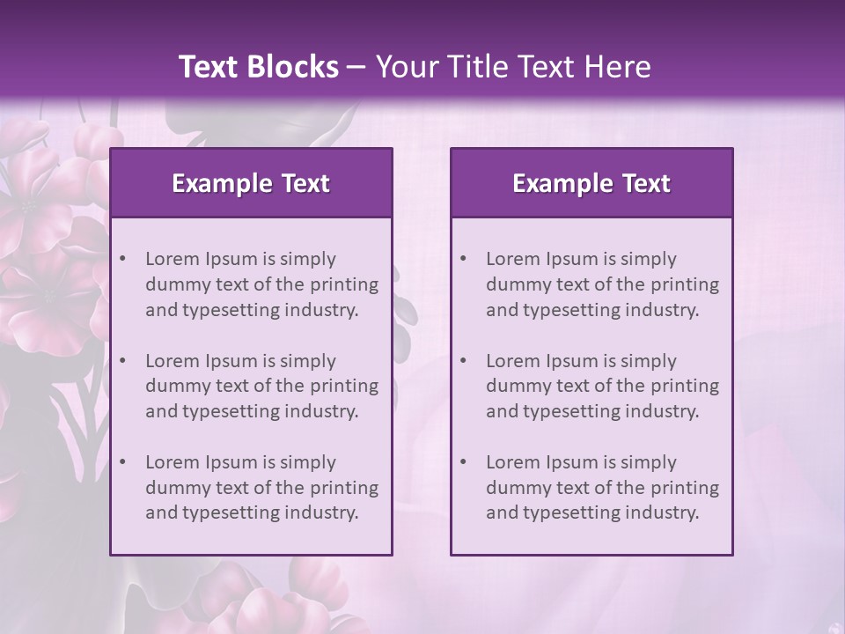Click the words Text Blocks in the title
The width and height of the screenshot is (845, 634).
click(x=258, y=67)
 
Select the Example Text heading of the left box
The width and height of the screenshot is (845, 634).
click(x=251, y=183)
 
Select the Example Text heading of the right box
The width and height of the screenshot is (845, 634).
click(x=591, y=183)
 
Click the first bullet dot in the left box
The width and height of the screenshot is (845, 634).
click(x=122, y=259)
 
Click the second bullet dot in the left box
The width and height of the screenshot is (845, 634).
click(x=122, y=361)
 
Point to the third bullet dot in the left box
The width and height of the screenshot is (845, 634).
click(x=122, y=462)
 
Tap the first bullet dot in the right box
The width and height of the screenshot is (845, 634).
click(x=463, y=259)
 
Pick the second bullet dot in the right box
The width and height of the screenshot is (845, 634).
click(x=463, y=361)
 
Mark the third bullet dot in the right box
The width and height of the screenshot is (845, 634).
click(x=463, y=462)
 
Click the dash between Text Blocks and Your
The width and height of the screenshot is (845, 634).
click(x=356, y=67)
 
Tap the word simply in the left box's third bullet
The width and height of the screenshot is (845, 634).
click(x=309, y=462)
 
